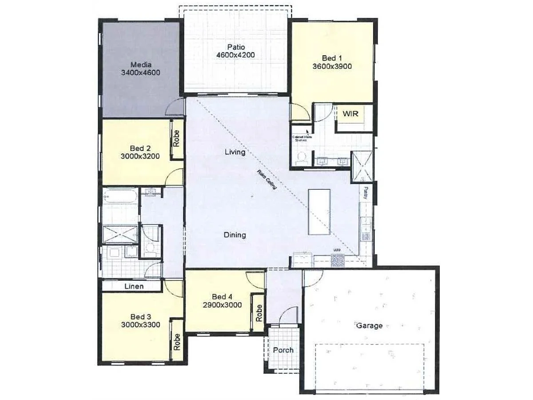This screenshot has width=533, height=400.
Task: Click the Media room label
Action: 140,64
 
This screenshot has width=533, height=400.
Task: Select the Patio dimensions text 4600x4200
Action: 235,55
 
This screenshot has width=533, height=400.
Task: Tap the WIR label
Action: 350,113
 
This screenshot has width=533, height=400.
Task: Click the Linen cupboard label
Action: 134,286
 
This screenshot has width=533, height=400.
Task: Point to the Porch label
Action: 283,350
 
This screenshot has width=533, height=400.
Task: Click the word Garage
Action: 369,325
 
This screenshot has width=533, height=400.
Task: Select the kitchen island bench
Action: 319,212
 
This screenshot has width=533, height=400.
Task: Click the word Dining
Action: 235,235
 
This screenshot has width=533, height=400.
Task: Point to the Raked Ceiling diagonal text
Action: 266,180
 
